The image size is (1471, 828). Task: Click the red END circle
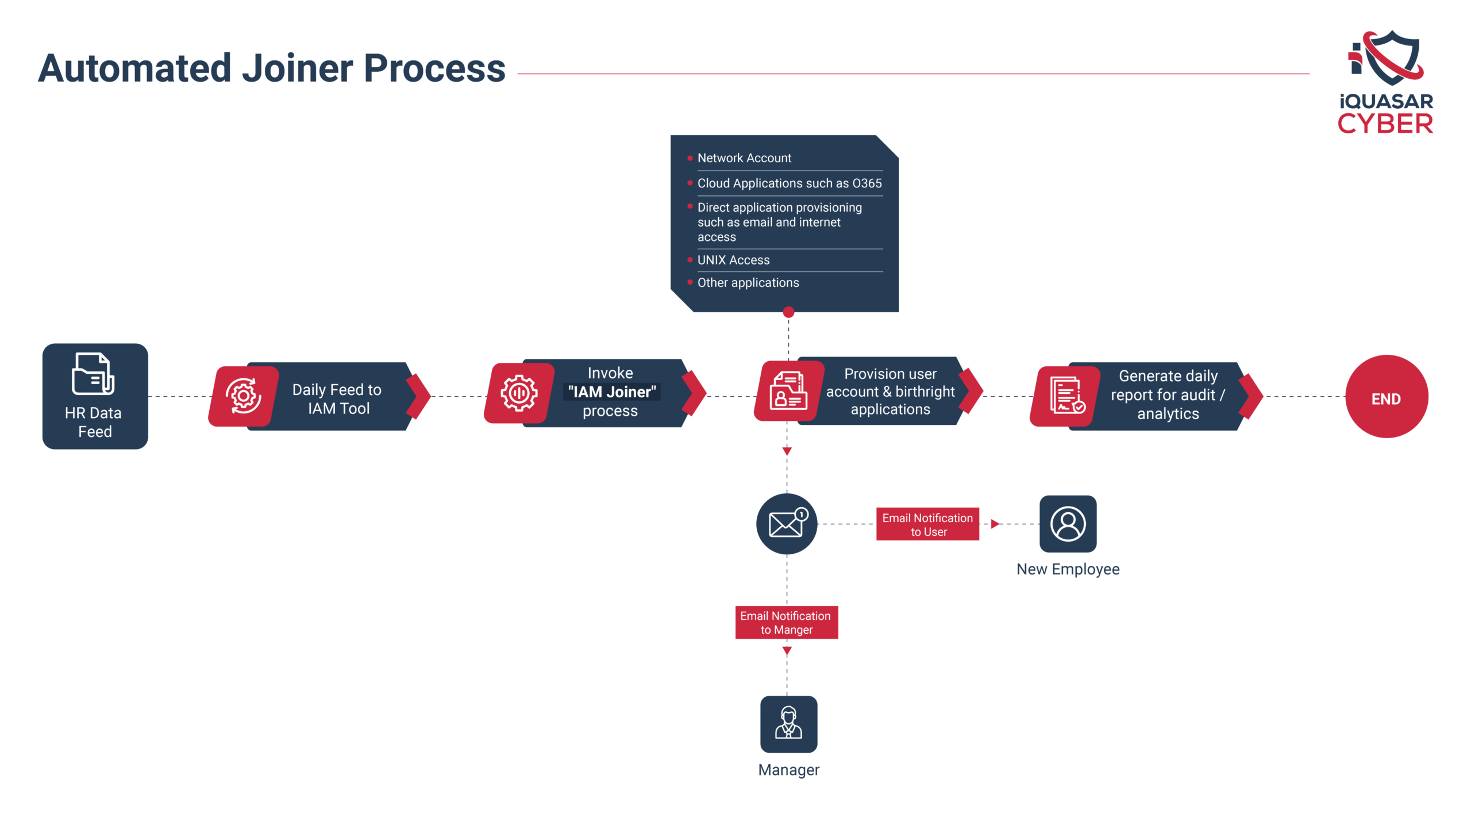pyautogui.click(x=1386, y=397)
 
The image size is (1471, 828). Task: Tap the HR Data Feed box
pyautogui.click(x=95, y=397)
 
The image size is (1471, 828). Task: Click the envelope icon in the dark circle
pyautogui.click(x=787, y=524)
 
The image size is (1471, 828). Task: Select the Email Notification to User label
pyautogui.click(x=927, y=524)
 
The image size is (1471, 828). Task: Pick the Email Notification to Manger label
pyautogui.click(x=786, y=622)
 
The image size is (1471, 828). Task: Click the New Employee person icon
pyautogui.click(x=1068, y=524)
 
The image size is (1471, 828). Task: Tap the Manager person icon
pyautogui.click(x=788, y=724)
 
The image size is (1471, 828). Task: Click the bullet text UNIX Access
pyautogui.click(x=733, y=260)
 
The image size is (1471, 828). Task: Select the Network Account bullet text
pyautogui.click(x=744, y=158)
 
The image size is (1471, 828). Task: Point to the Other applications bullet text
pyautogui.click(x=748, y=283)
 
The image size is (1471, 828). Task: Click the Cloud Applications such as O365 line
pyautogui.click(x=789, y=183)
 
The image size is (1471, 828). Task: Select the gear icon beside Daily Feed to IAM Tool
pyautogui.click(x=244, y=396)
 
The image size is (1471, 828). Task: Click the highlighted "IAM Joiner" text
pyautogui.click(x=611, y=392)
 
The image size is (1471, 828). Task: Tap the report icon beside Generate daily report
pyautogui.click(x=1066, y=396)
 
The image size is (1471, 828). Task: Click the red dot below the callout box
pyautogui.click(x=788, y=312)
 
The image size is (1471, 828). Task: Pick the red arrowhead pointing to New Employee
pyautogui.click(x=995, y=524)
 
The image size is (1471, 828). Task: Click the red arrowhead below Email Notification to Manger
pyautogui.click(x=787, y=651)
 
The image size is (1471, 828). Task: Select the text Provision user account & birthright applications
pyautogui.click(x=890, y=392)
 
